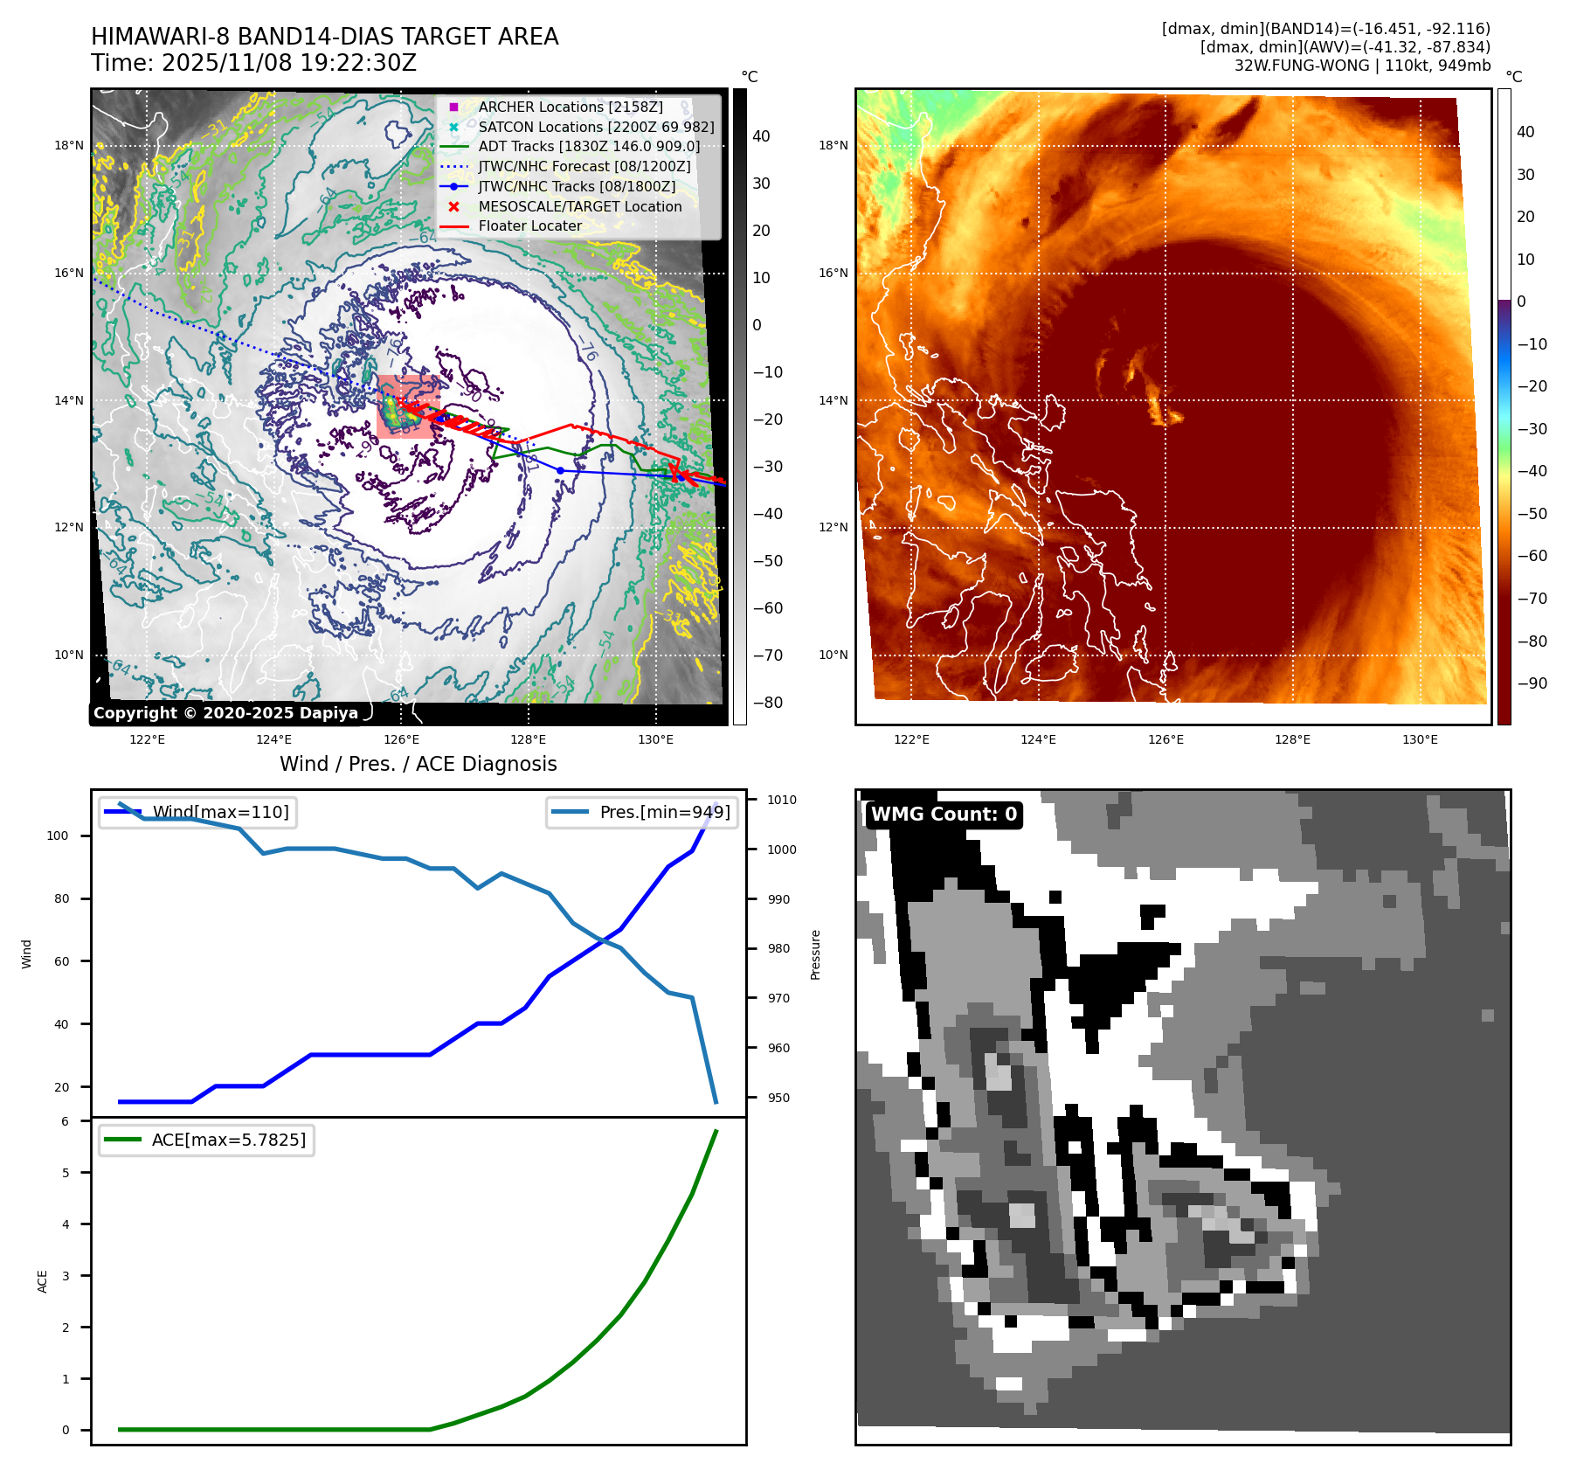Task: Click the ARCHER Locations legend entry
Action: click(x=570, y=107)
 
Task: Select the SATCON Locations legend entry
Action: click(x=596, y=127)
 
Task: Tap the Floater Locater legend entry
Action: click(x=529, y=225)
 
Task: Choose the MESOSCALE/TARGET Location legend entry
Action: click(x=579, y=206)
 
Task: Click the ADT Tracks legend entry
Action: click(x=589, y=147)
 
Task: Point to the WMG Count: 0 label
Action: click(x=944, y=815)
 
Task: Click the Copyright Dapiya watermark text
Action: click(x=225, y=713)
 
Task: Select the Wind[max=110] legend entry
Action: click(x=220, y=812)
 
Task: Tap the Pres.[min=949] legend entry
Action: click(x=664, y=812)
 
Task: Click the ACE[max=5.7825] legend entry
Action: click(x=228, y=1140)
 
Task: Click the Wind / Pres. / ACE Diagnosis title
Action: click(x=418, y=764)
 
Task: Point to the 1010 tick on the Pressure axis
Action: click(x=782, y=800)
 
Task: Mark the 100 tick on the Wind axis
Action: click(x=58, y=836)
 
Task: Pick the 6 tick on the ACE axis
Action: click(x=65, y=1121)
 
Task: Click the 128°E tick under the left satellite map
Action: click(x=528, y=739)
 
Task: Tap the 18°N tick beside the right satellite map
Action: click(x=833, y=145)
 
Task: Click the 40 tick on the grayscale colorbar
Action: click(x=761, y=136)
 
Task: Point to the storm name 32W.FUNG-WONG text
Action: click(x=1302, y=66)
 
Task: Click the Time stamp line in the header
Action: click(x=253, y=63)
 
